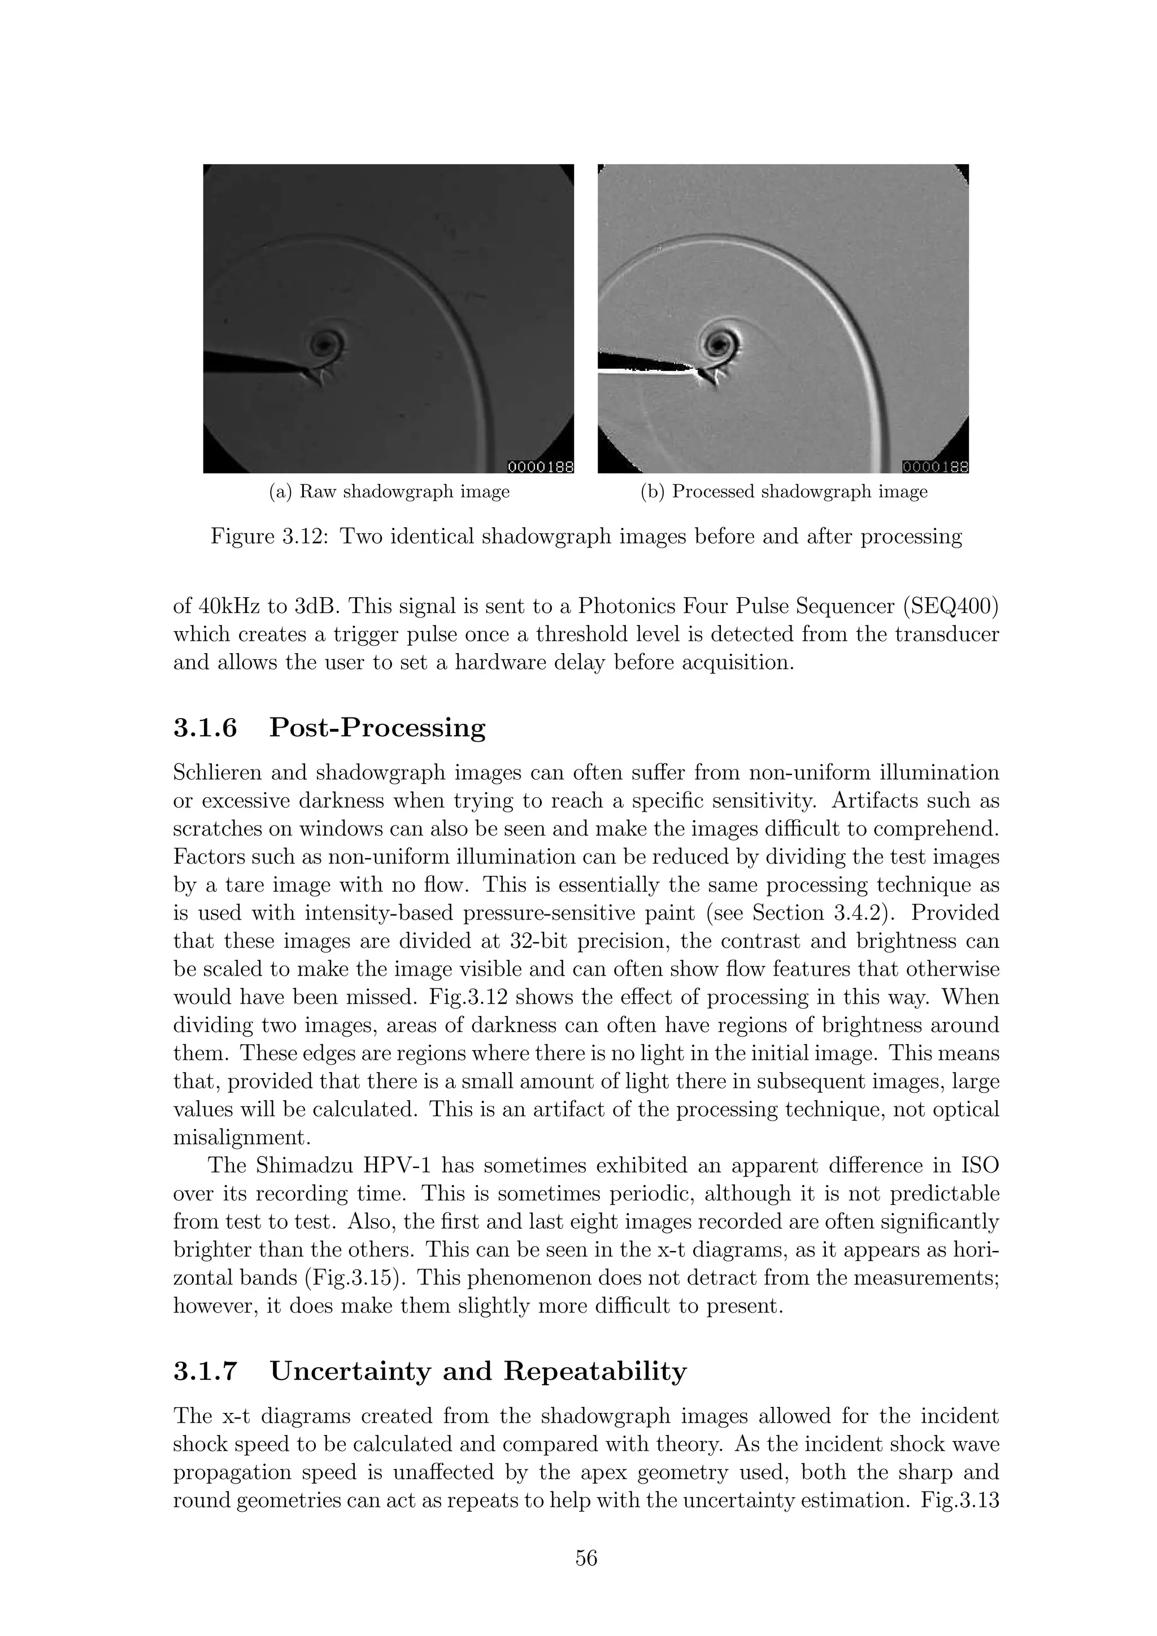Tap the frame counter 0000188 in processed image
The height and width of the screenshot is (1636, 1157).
(x=934, y=467)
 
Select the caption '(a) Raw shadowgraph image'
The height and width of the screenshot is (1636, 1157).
(x=389, y=492)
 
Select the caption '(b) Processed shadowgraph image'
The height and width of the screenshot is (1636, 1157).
(x=784, y=492)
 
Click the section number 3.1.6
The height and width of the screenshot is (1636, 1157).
(x=205, y=728)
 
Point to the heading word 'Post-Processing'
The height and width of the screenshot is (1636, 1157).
(x=377, y=728)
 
